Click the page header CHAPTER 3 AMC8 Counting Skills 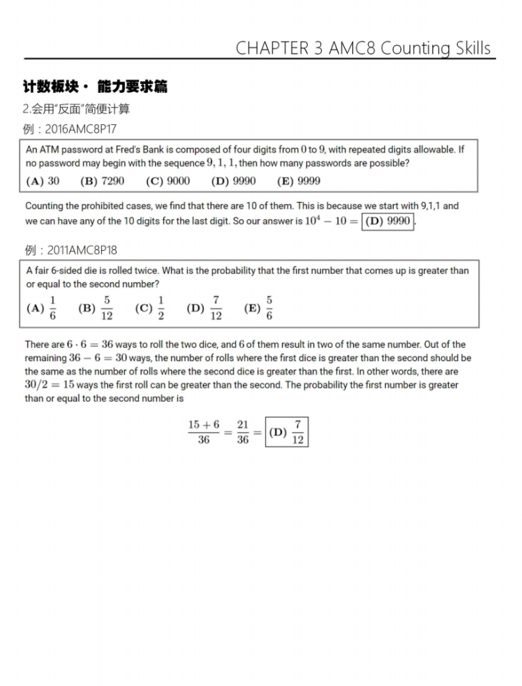coord(363,48)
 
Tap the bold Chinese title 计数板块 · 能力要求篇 coord(94,87)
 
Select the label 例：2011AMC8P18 coord(70,250)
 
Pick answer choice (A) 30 coord(43,181)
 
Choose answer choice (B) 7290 coord(103,181)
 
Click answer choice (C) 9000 coord(167,181)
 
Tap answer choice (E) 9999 coord(299,181)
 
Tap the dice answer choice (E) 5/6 coord(258,307)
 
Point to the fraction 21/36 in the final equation coord(242,432)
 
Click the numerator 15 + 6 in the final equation coord(203,425)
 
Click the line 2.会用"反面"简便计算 coord(76,109)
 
